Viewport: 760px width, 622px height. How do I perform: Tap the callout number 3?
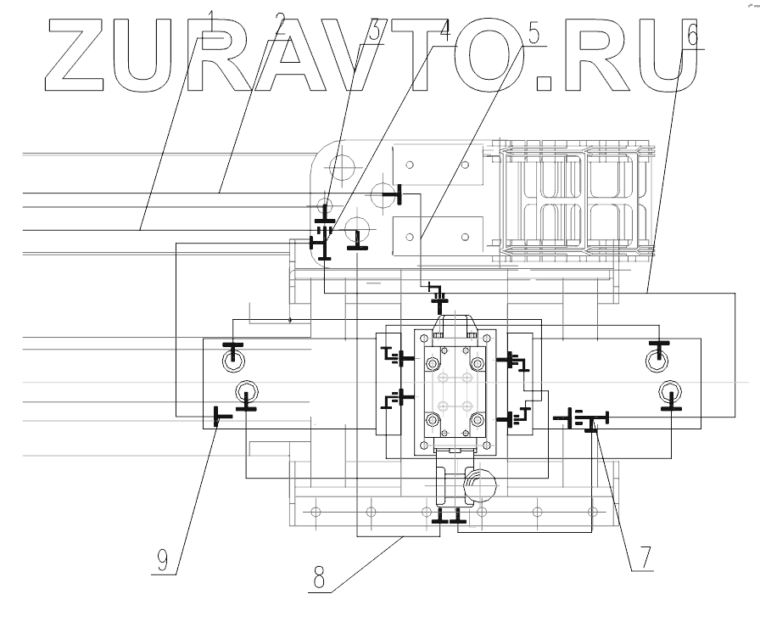coord(374,31)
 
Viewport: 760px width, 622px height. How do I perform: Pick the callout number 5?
coord(534,34)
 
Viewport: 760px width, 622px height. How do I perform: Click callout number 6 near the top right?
coord(691,35)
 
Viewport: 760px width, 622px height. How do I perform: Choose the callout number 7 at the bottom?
coord(644,558)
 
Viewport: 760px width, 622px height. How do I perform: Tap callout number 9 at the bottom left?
coord(163,560)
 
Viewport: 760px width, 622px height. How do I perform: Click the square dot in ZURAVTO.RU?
coord(545,82)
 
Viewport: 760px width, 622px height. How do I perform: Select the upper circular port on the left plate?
coord(232,361)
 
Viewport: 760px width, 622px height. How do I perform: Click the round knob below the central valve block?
coord(483,486)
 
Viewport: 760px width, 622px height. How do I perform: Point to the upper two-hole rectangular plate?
coord(439,165)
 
